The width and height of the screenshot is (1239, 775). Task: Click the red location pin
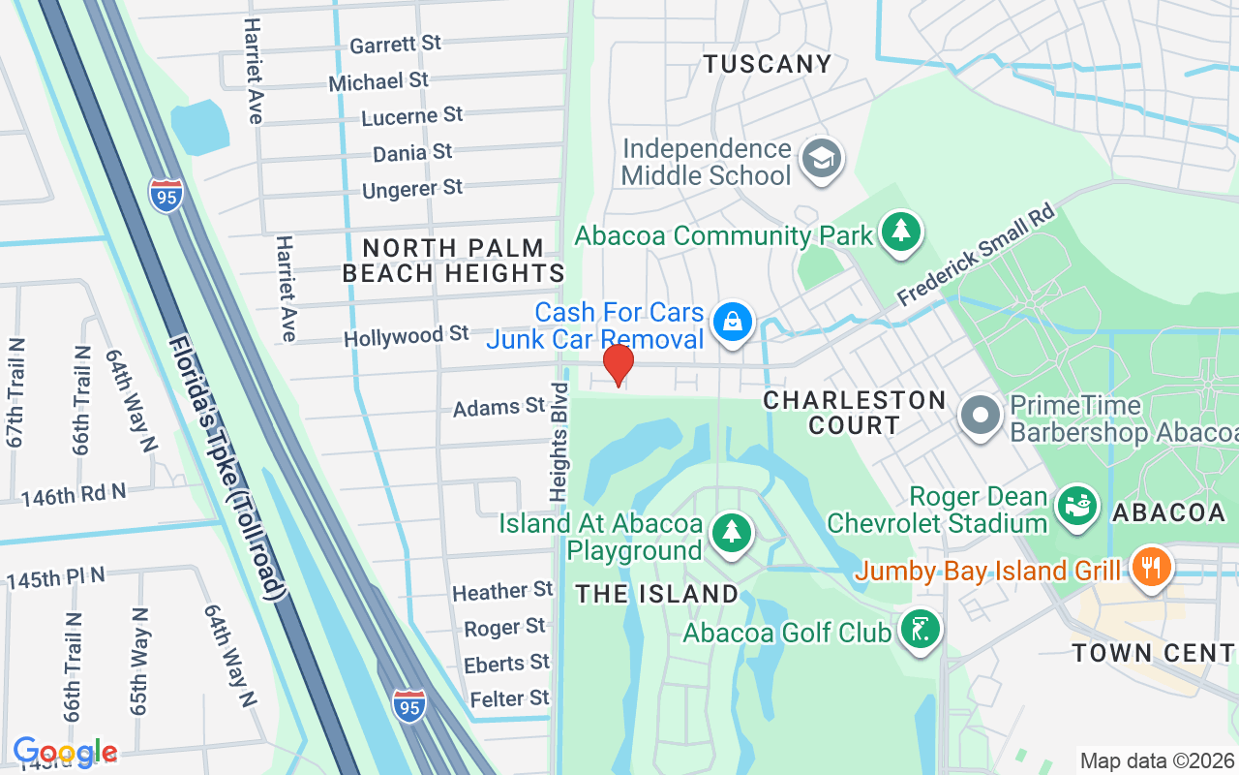[x=619, y=365]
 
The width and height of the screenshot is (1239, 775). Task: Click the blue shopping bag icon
[x=733, y=323]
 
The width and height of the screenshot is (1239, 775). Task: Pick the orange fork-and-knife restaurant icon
[x=1151, y=567]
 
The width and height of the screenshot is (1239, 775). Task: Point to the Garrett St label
[x=395, y=45]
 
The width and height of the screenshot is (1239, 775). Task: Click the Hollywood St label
[x=407, y=336]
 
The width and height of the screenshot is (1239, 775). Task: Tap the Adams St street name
[x=499, y=407]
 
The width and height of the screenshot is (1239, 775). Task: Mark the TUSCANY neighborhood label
[x=767, y=64]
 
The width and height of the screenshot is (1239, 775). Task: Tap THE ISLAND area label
[x=657, y=593]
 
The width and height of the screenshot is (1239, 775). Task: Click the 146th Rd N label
[x=74, y=495]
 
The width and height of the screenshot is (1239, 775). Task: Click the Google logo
[x=65, y=751]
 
